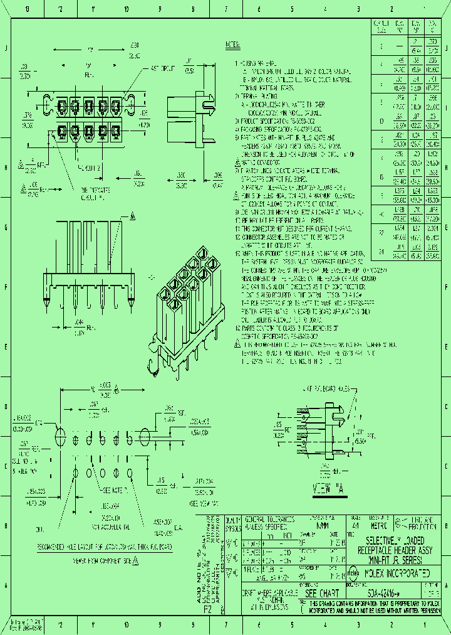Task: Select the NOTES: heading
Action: pos(232,45)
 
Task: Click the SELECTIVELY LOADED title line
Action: pos(394,540)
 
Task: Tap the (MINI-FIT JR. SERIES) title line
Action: pos(394,559)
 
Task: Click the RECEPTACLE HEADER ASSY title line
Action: pos(394,550)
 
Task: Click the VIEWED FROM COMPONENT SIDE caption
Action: pos(100,558)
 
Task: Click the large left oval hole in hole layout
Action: pos(61,436)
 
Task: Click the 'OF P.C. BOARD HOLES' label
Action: pos(329,390)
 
